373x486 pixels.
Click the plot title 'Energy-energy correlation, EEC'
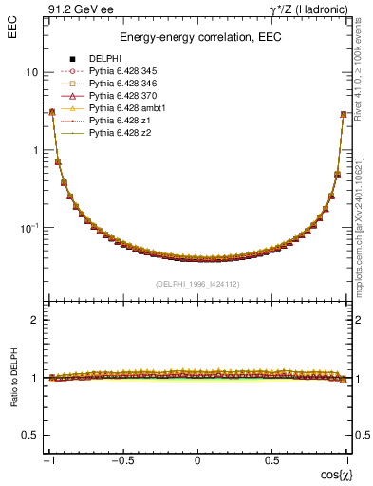tap(198, 38)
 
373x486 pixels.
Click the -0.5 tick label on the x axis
tap(123, 459)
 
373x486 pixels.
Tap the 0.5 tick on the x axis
tap(272, 459)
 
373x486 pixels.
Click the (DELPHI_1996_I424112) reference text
tap(198, 284)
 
